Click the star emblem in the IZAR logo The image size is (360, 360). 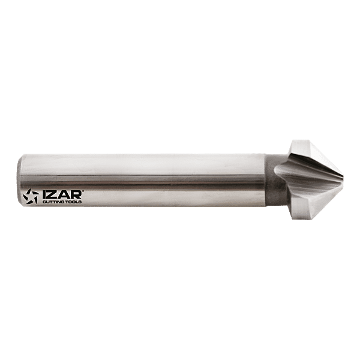point(31,196)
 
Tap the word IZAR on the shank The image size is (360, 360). point(62,194)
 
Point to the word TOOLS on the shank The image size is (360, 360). point(74,202)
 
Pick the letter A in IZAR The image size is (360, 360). point(64,194)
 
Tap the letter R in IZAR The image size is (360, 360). point(76,194)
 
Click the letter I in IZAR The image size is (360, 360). point(44,194)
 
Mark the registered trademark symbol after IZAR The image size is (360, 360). point(83,191)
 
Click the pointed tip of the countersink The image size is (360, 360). point(343,180)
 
